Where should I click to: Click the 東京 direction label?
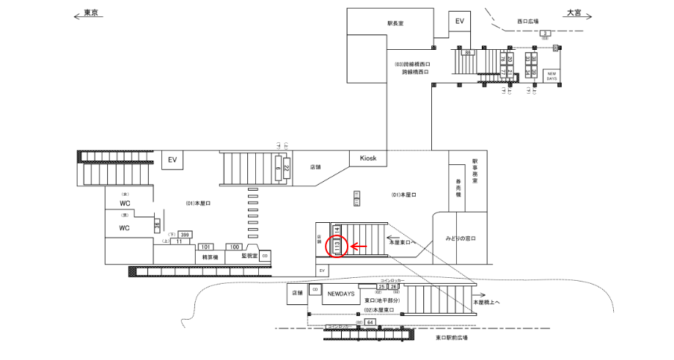pos(91,14)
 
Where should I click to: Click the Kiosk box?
pos(367,158)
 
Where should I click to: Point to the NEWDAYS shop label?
pos(341,293)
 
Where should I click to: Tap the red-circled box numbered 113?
pos(337,247)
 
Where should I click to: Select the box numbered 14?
pos(337,229)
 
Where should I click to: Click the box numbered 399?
pos(186,235)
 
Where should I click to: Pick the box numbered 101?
pos(206,247)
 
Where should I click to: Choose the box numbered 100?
pos(235,247)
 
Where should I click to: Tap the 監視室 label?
pos(248,256)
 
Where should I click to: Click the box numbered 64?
pos(370,321)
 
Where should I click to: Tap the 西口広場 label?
pos(527,21)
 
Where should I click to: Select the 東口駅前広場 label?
pos(451,338)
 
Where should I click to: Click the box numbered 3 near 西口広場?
pos(546,34)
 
